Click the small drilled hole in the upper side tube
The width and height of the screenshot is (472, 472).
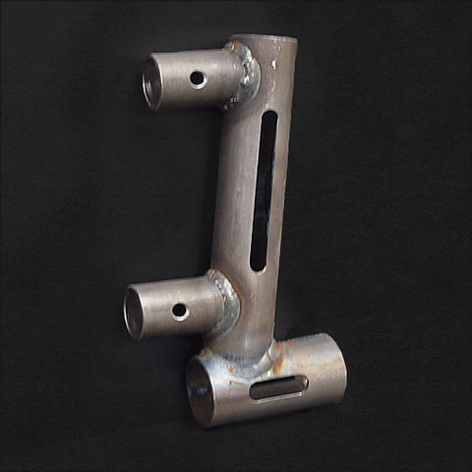198,78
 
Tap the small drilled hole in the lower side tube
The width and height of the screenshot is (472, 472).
180,311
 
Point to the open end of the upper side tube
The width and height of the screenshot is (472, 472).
151,83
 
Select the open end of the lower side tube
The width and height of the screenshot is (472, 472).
134,313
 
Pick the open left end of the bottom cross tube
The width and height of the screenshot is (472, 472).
201,391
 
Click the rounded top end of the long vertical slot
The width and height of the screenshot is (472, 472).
269,117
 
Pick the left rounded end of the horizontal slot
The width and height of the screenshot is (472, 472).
255,391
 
